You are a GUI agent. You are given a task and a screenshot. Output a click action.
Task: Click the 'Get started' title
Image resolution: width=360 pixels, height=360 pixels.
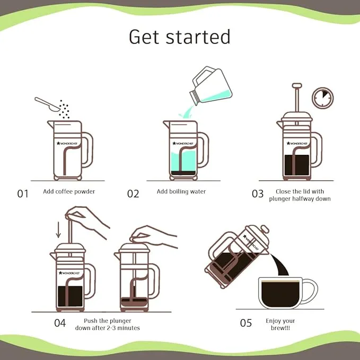180,37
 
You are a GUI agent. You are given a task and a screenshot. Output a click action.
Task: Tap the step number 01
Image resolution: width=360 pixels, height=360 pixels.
23,194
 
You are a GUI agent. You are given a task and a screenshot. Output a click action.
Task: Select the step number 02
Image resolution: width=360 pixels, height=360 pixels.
133,194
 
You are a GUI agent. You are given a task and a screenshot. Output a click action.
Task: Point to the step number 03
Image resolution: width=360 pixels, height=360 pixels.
258,194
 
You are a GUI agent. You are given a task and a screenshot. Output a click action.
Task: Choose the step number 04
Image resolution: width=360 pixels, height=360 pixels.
60,323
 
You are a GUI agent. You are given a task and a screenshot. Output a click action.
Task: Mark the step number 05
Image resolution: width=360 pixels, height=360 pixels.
246,323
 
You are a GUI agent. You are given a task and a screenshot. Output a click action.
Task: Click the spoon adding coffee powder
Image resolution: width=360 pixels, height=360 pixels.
47,104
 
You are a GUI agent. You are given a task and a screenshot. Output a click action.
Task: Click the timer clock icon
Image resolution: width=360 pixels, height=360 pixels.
322,98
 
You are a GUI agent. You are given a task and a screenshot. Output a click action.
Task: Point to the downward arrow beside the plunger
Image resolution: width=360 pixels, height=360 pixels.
58,230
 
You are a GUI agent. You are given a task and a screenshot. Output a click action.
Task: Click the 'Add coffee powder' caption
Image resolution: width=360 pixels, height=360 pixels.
69,191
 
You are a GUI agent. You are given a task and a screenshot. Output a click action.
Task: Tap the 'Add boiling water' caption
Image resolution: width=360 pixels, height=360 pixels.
181,191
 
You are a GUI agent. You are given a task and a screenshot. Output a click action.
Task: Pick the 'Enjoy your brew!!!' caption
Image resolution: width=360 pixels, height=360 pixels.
280,324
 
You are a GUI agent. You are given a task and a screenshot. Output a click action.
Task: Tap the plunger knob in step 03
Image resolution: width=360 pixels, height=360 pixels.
297,86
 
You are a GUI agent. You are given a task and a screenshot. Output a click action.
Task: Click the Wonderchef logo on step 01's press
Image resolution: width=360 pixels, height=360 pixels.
67,144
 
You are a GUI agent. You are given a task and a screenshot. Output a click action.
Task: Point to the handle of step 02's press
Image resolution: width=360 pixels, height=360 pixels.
204,150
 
